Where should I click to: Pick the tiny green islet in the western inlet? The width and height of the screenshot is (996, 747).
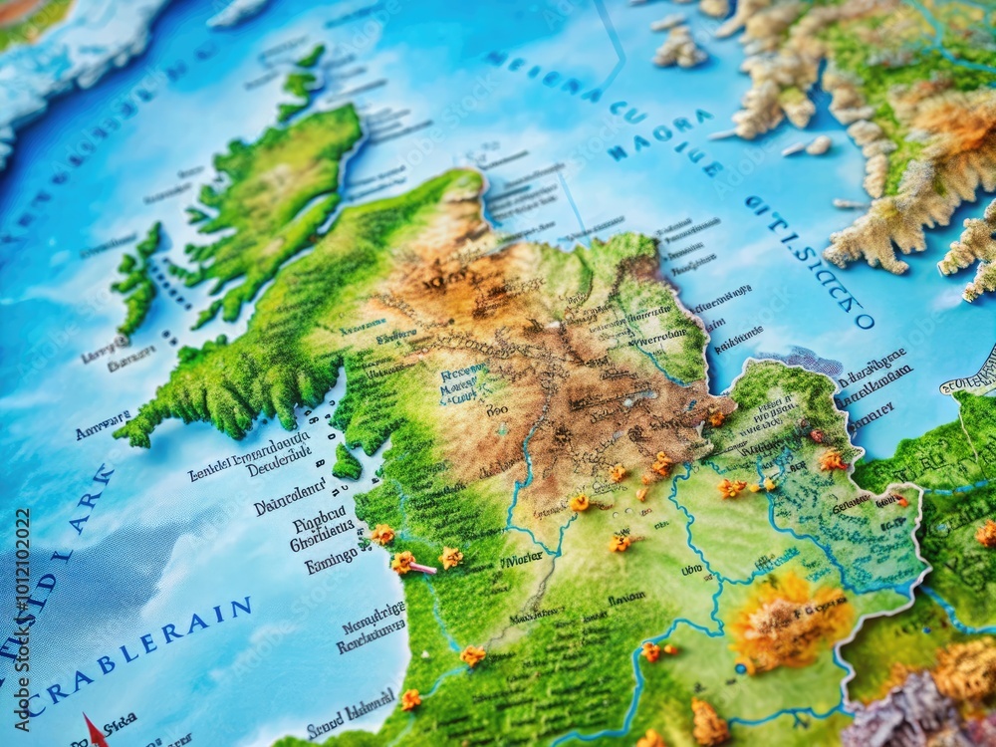point(347,463)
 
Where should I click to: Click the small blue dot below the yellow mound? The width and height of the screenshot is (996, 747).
point(739,668)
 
